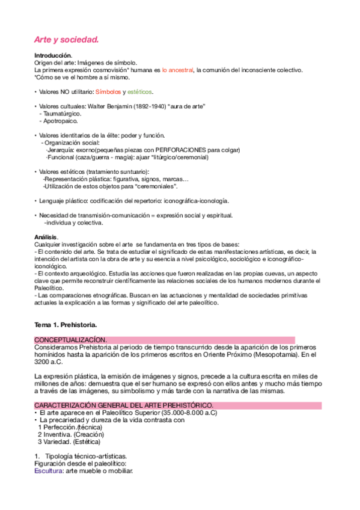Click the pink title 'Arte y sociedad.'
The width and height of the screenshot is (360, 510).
coord(66,40)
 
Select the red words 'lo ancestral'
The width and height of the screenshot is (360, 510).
coord(177,70)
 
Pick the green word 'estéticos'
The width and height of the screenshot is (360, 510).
coord(139,92)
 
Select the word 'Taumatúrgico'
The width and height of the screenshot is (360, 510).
coord(63,114)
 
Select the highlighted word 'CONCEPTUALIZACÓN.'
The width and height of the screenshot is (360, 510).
coord(70,340)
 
